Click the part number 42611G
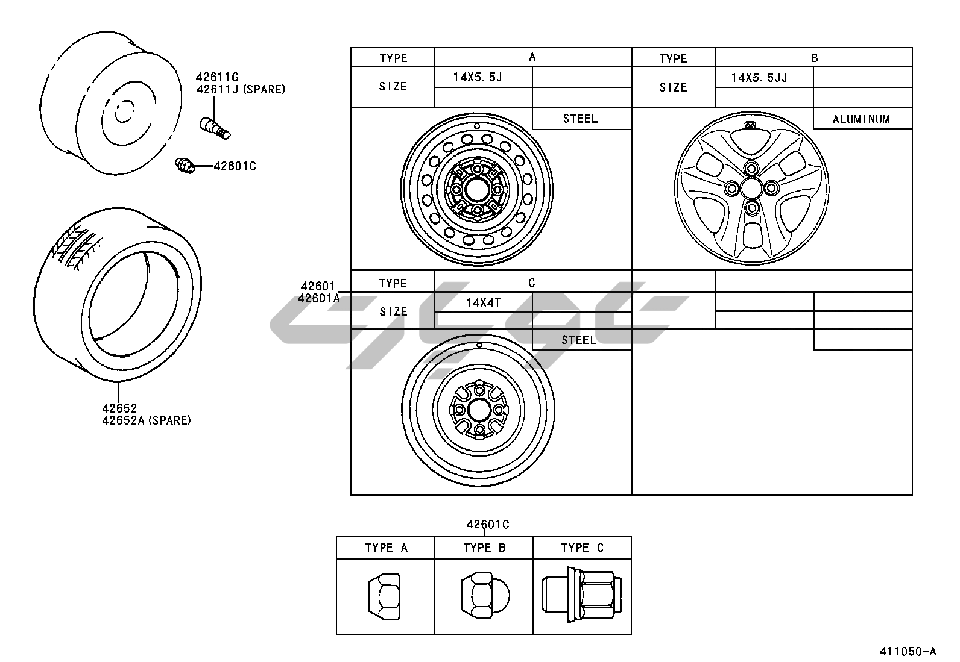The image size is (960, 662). [217, 77]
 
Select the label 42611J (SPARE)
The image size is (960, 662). [241, 90]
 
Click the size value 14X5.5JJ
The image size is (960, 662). [759, 78]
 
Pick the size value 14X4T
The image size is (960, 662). [483, 303]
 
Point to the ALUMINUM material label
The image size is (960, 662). [862, 119]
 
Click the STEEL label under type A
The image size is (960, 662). [580, 119]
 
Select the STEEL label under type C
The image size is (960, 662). [578, 340]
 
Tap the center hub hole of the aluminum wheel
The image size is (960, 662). [751, 188]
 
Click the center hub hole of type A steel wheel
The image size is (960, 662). [476, 190]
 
